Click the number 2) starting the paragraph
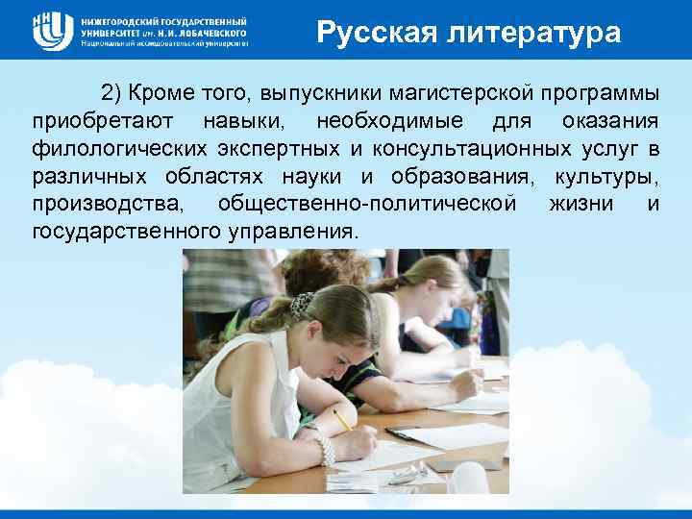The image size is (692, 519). coord(113,94)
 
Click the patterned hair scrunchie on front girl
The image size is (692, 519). coord(302,305)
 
